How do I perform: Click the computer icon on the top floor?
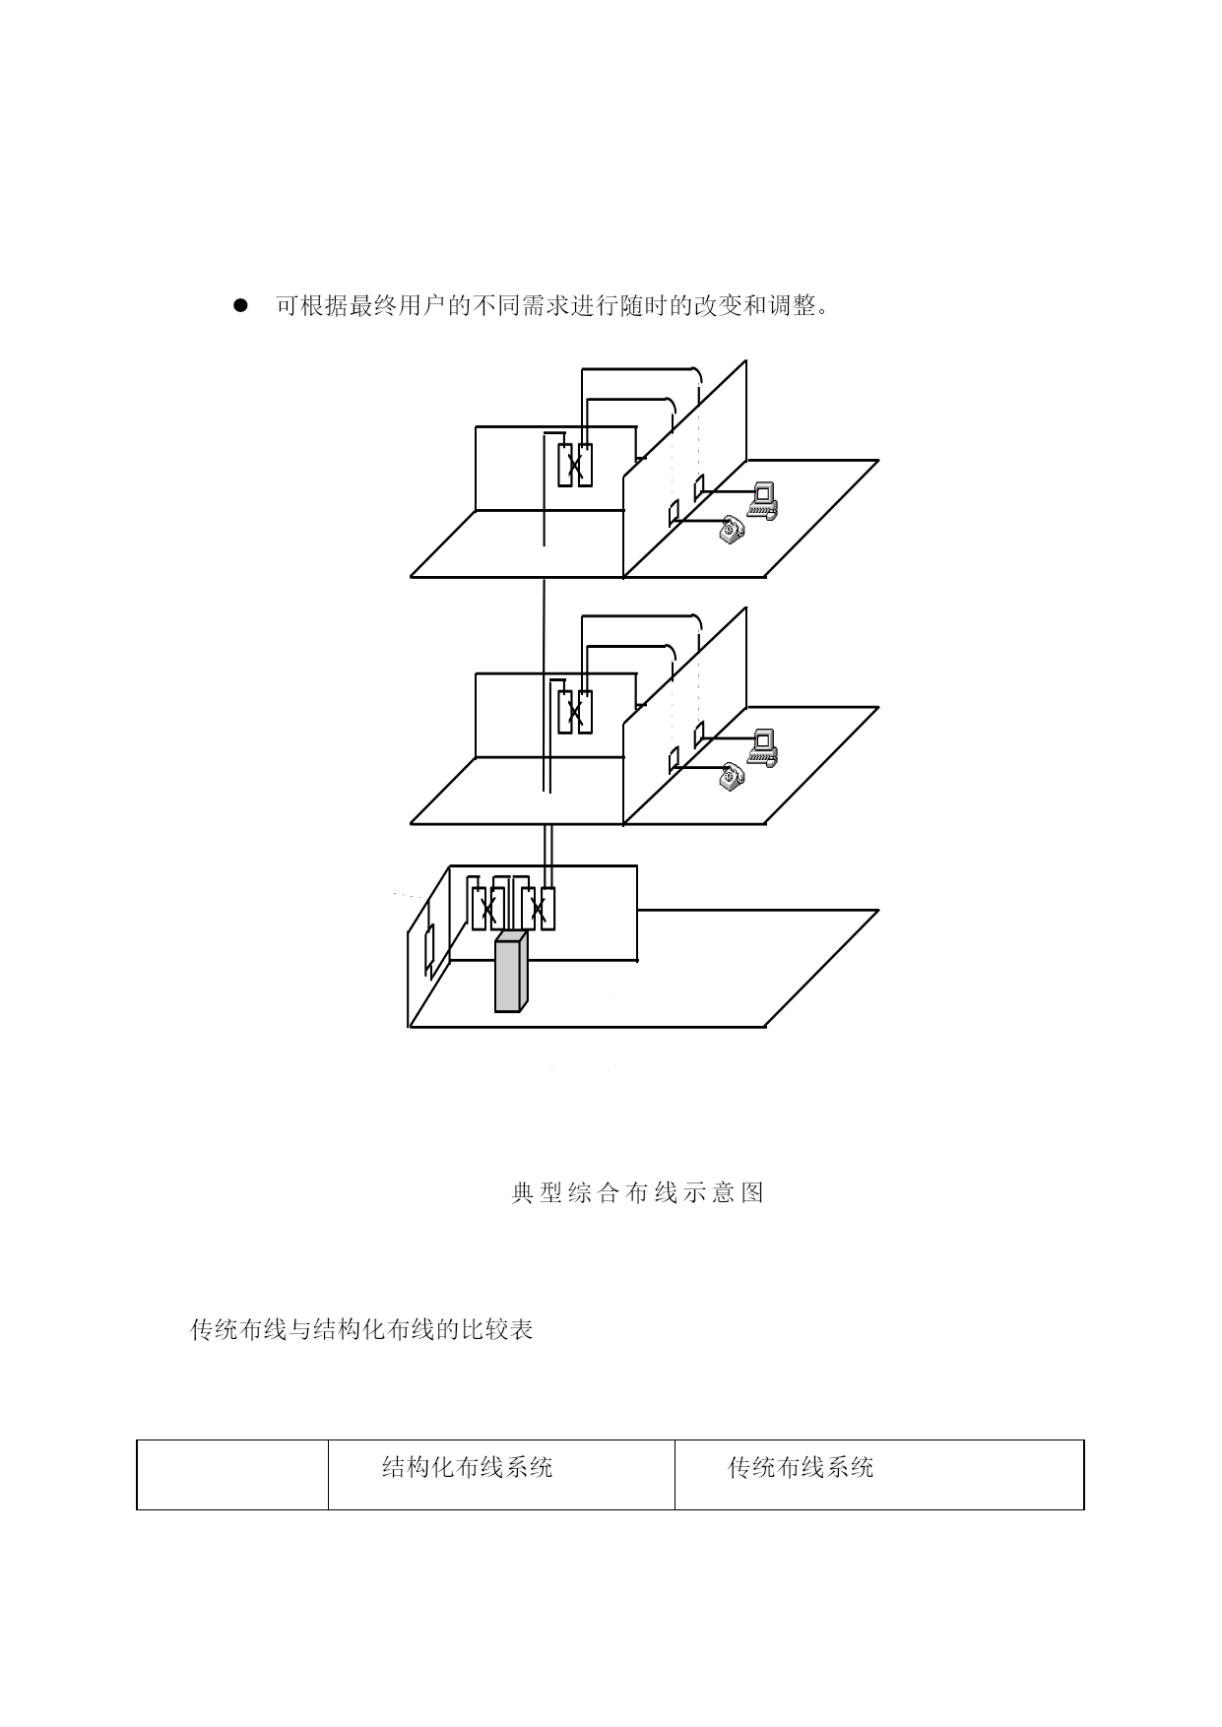coord(763,500)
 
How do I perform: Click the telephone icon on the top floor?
coord(731,529)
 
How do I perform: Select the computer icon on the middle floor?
coord(763,747)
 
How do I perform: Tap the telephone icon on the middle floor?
coord(731,776)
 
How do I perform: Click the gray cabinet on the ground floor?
coord(511,972)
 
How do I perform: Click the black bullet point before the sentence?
coord(238,306)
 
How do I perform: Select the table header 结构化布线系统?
coord(467,1468)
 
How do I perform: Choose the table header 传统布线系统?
coord(801,1468)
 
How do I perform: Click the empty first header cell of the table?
coord(232,1474)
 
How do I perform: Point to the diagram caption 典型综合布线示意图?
coord(638,1193)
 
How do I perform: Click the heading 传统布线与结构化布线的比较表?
coord(361,1330)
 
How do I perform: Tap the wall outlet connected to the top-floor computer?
coord(699,487)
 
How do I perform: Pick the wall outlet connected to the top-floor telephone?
coord(675,513)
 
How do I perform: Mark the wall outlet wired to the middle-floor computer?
coord(699,735)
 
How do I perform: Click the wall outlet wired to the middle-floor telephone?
coord(675,760)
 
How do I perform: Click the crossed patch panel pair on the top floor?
coord(575,465)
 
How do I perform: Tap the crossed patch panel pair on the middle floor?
coord(575,712)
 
